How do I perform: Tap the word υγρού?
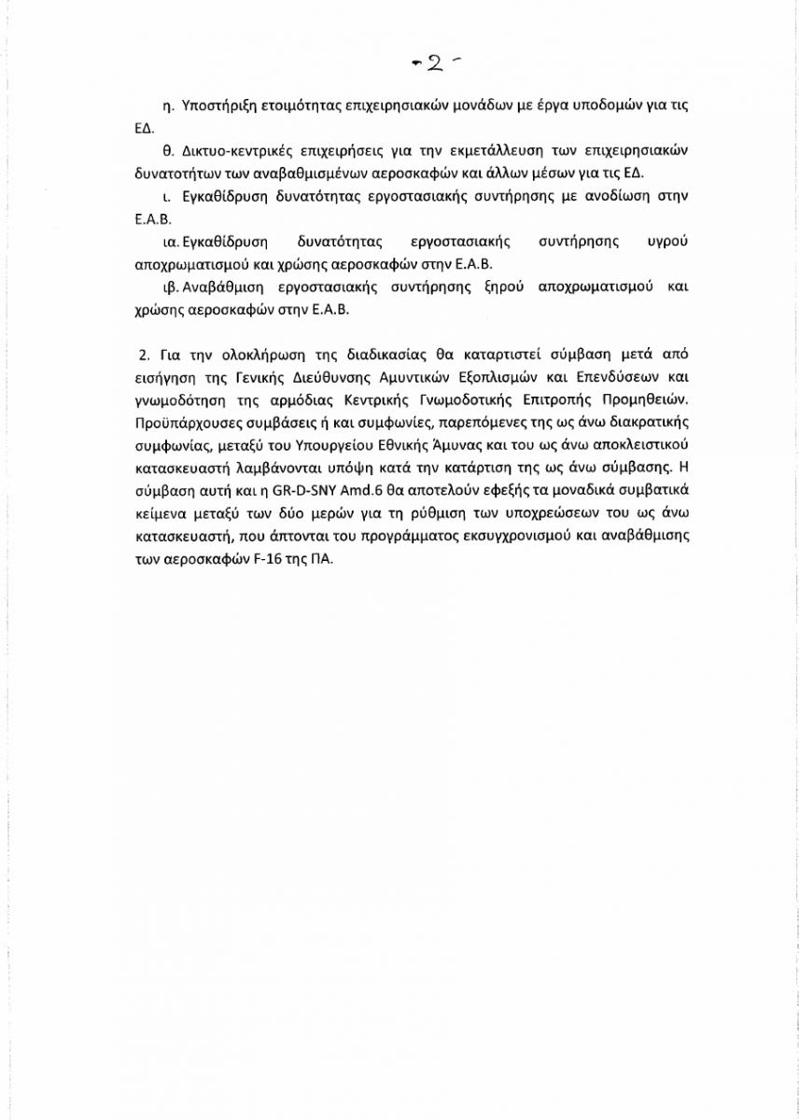coord(666,242)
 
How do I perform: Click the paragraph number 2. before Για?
coord(143,356)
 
